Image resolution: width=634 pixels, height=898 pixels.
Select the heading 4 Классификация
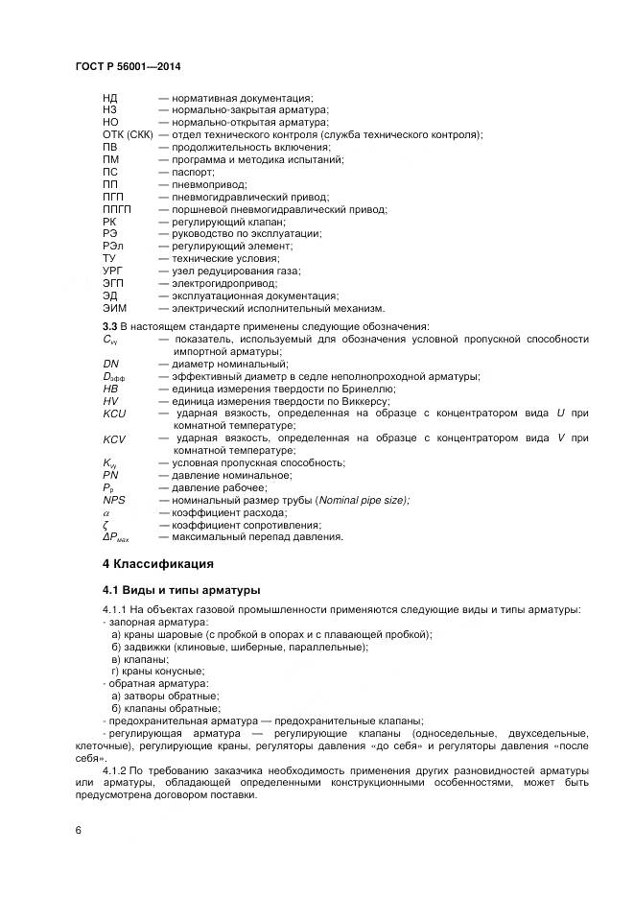coord(158,562)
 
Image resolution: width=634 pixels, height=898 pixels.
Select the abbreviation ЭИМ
coord(114,309)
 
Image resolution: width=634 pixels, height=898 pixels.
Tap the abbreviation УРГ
coord(112,272)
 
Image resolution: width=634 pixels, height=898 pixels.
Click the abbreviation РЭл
coord(112,247)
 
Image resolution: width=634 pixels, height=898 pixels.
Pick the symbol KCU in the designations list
coord(114,413)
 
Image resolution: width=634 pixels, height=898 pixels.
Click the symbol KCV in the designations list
coord(114,437)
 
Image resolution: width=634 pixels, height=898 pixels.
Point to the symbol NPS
coord(113,500)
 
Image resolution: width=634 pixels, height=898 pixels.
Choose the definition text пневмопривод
coord(209,184)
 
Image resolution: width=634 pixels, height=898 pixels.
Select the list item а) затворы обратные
coord(165,697)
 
